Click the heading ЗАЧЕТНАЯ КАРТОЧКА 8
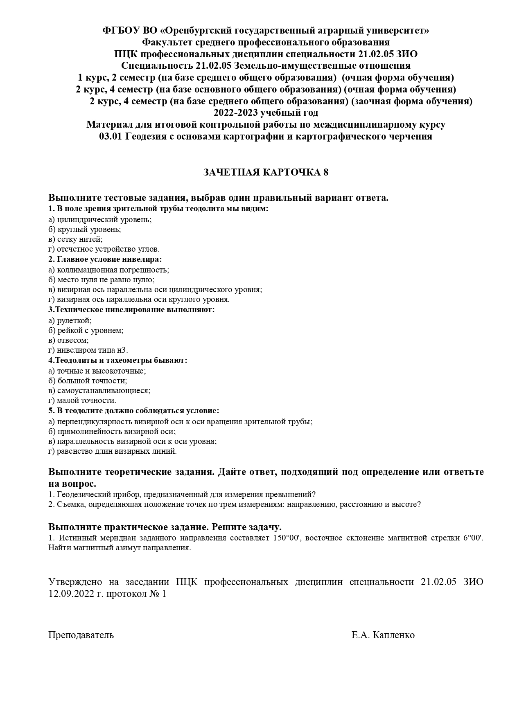click(x=266, y=172)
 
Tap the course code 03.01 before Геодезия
click(x=110, y=137)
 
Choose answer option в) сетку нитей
click(x=75, y=239)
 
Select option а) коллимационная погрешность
click(x=108, y=270)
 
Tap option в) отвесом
click(x=68, y=340)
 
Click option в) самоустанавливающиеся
click(x=99, y=391)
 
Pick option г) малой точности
click(x=82, y=401)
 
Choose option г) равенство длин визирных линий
click(x=113, y=451)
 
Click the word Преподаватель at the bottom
click(x=81, y=635)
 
